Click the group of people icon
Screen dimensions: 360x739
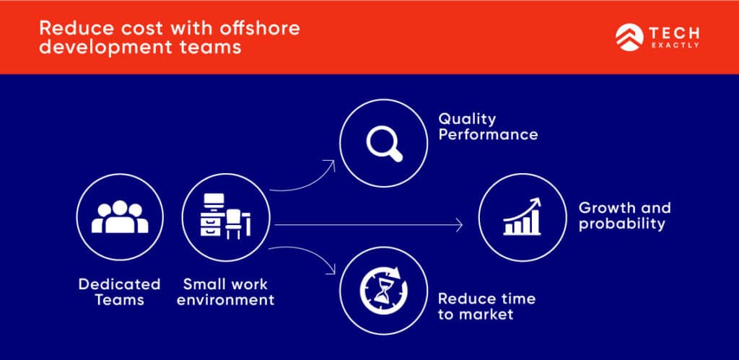(120, 217)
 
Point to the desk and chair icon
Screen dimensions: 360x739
(225, 217)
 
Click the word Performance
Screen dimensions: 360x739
(488, 134)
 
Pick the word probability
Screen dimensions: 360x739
(621, 224)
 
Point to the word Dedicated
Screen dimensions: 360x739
(120, 284)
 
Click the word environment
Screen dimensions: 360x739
(225, 300)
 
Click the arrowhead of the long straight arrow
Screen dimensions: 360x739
(458, 226)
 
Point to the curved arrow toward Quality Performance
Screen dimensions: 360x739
(303, 180)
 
